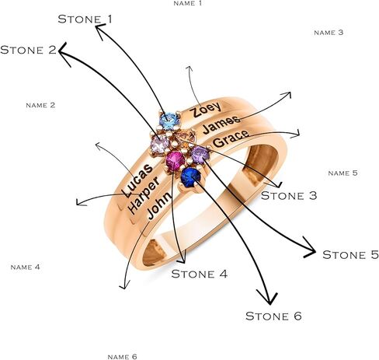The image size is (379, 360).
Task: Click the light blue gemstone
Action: tap(169, 121)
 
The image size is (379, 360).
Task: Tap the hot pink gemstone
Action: tap(176, 161)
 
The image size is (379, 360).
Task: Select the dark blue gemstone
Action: tap(191, 177)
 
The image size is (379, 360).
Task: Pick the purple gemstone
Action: tap(200, 155)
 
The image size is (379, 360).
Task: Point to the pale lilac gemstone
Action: tap(160, 144)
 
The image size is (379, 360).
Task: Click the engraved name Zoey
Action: tap(206, 110)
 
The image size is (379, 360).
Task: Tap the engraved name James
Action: tap(221, 124)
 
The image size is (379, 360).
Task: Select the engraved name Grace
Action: tap(231, 138)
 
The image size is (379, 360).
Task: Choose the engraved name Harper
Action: tap(144, 195)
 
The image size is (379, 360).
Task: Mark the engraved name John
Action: tap(158, 206)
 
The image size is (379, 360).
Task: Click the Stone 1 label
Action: tap(85, 19)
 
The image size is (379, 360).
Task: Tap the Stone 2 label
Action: tap(28, 50)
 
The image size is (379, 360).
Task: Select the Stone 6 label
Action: tap(273, 316)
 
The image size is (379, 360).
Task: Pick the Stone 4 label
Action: tap(200, 274)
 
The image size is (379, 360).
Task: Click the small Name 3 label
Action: tap(329, 33)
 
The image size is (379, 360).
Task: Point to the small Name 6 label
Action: tap(122, 357)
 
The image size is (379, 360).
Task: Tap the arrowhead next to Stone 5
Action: tap(311, 248)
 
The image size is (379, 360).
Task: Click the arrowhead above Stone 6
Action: tap(269, 298)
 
